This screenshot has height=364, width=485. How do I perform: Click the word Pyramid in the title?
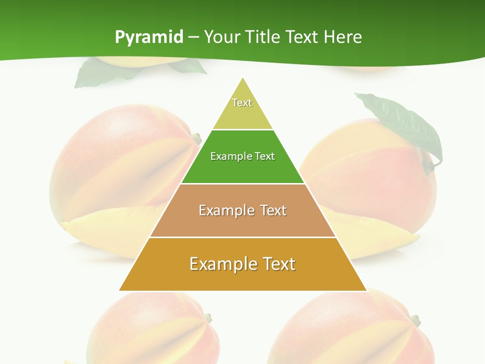tap(149, 37)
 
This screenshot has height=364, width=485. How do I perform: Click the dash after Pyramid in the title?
tap(193, 37)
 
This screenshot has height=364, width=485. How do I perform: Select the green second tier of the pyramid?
tap(243, 169)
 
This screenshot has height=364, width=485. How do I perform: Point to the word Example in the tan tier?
tap(226, 210)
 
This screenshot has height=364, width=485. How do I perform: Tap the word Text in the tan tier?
tap(273, 210)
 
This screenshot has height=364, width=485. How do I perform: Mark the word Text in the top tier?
tap(242, 103)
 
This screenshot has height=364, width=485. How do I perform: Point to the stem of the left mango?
tap(196, 138)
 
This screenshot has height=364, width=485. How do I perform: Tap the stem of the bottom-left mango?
tap(207, 317)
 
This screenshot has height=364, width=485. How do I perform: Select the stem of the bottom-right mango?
tap(415, 320)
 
